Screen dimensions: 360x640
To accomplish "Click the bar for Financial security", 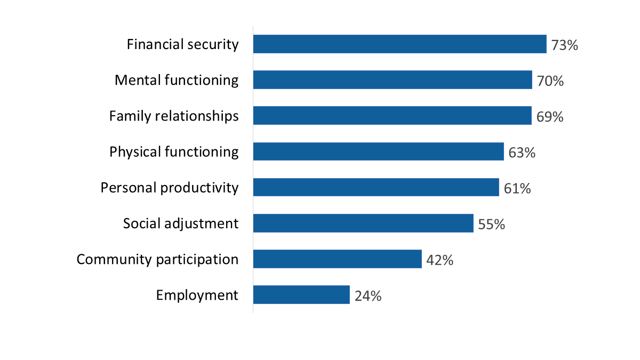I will click(x=399, y=44).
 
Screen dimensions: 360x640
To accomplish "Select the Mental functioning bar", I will click(x=393, y=80).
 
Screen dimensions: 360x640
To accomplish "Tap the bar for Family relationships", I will click(x=392, y=116).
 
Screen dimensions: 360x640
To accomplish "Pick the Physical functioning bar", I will click(x=378, y=151).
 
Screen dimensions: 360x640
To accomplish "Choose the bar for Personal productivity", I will click(x=376, y=187).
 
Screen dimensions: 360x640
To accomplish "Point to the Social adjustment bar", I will click(x=363, y=223).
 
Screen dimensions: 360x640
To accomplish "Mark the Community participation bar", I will click(x=337, y=259).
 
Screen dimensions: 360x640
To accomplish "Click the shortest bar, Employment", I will click(x=301, y=295).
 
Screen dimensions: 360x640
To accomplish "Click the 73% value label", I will click(x=565, y=45).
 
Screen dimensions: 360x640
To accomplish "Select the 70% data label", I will click(x=550, y=81).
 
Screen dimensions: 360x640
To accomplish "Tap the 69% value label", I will click(x=550, y=117).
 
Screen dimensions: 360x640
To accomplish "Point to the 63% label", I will click(x=522, y=153).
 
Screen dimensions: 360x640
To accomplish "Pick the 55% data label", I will click(x=491, y=224).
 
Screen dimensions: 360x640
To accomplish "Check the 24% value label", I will click(x=368, y=296).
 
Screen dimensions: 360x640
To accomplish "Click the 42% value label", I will click(x=440, y=260).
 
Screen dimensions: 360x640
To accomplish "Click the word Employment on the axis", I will click(x=197, y=295).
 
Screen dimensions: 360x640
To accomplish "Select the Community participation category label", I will click(x=157, y=259).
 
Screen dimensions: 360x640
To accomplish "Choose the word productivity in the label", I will click(x=199, y=188).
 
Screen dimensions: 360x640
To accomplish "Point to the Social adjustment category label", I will click(x=181, y=223).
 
